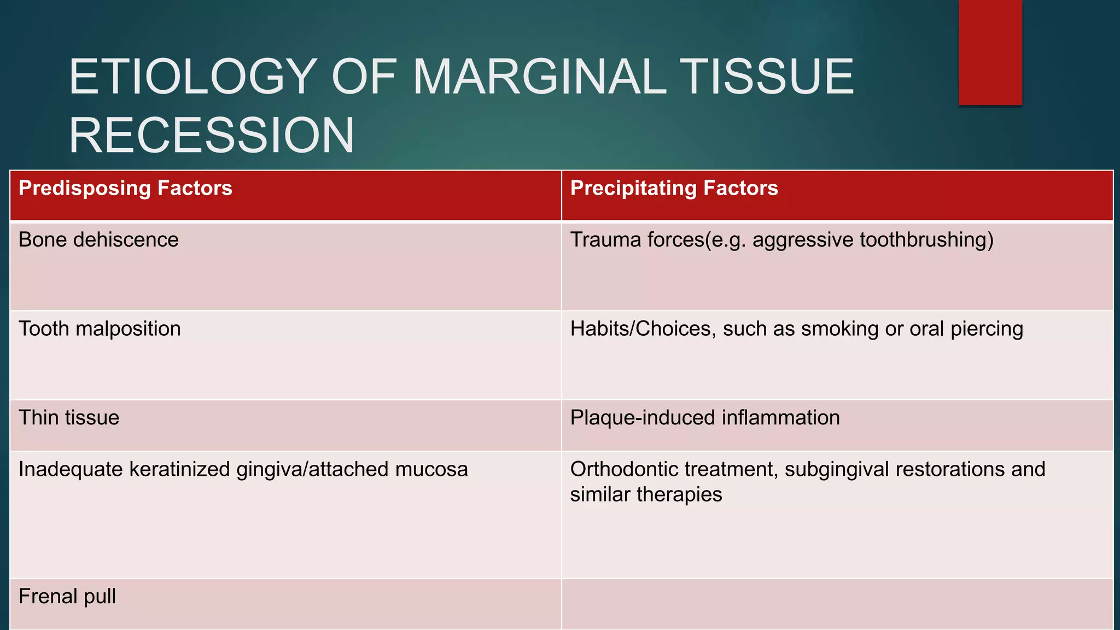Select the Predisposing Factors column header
[125, 188]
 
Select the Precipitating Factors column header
[674, 188]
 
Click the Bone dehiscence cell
[98, 240]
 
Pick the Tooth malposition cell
[100, 329]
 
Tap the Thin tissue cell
[69, 418]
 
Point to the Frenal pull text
[67, 596]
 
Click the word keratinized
[180, 470]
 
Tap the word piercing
[987, 329]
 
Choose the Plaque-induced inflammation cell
[704, 418]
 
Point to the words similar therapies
[646, 495]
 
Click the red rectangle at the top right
[990, 52]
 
